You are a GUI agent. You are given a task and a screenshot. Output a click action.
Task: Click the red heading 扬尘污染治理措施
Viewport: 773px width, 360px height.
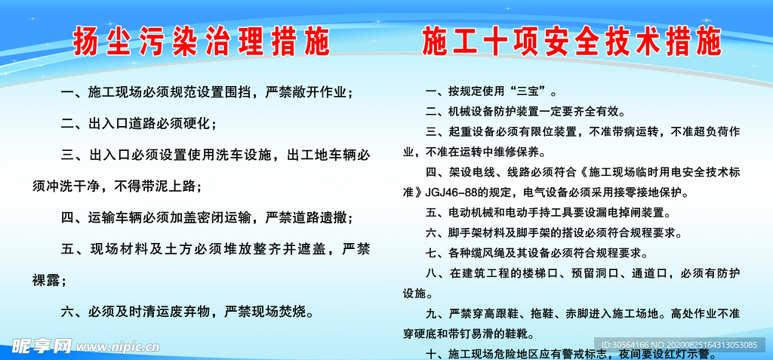pyautogui.click(x=202, y=43)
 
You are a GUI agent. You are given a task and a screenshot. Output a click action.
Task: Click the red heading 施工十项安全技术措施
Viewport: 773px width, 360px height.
pyautogui.click(x=571, y=43)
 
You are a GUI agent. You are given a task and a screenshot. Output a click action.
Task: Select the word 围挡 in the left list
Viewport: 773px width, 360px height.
pyautogui.click(x=240, y=93)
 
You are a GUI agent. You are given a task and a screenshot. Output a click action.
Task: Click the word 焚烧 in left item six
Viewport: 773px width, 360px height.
pyautogui.click(x=295, y=311)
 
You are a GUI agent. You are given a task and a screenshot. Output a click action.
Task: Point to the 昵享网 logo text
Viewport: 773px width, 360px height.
pyautogui.click(x=42, y=346)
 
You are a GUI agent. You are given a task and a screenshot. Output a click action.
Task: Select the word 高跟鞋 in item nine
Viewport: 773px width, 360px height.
pyautogui.click(x=507, y=312)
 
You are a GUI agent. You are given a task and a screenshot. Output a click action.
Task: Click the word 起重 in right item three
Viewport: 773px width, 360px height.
pyautogui.click(x=460, y=132)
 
